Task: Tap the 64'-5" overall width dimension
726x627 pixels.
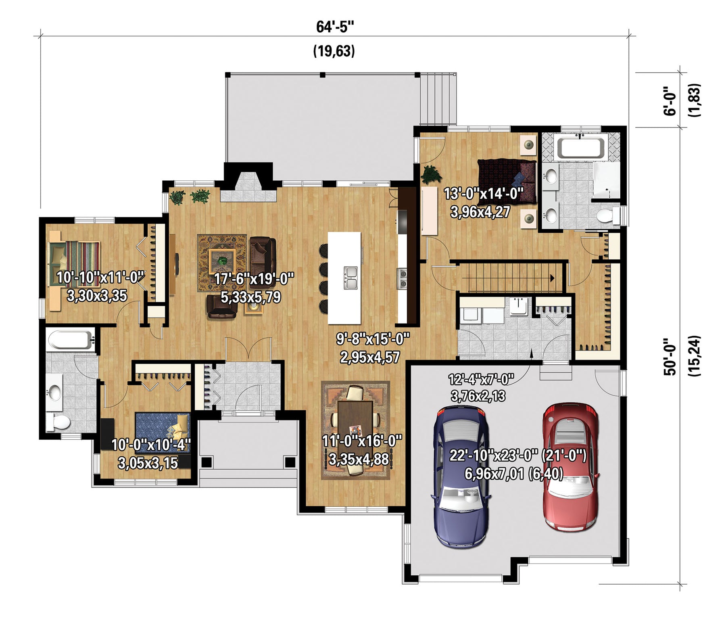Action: pos(335,27)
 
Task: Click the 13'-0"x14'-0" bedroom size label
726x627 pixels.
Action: pos(483,194)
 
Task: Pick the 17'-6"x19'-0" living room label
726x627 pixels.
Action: pos(254,278)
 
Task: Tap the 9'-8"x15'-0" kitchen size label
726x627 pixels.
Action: pos(373,339)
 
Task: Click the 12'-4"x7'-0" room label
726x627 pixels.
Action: pos(481,379)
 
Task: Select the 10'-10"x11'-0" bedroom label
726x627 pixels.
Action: pos(100,277)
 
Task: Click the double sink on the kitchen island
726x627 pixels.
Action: pos(350,278)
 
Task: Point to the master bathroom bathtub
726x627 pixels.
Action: pos(581,148)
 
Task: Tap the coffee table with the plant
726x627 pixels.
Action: pos(222,261)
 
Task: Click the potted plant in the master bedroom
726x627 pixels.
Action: pos(431,174)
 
